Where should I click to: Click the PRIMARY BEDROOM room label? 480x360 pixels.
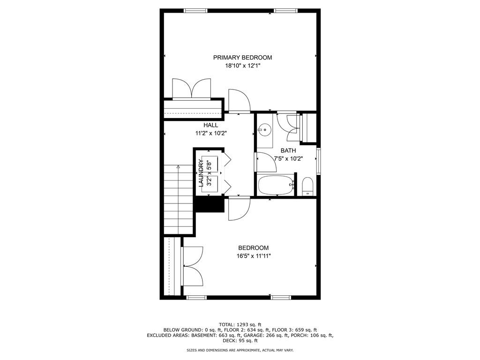point(242,58)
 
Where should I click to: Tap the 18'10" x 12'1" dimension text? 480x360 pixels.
point(242,66)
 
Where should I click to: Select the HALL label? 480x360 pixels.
point(211,125)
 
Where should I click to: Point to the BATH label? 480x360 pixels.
point(288,150)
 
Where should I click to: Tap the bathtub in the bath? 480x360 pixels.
point(276,185)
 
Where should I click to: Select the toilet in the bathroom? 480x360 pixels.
point(307,187)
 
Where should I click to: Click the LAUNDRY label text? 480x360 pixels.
point(201,173)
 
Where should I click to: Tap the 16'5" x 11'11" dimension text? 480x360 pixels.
point(254,256)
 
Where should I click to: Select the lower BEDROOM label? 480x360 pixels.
point(254,248)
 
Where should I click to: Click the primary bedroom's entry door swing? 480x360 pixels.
point(240,100)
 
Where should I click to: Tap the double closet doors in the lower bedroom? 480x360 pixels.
point(193,266)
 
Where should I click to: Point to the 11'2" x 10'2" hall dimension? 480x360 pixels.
point(211,134)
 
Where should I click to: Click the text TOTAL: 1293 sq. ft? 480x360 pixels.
point(240,324)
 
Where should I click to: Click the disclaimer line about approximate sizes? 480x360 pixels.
point(240,350)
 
